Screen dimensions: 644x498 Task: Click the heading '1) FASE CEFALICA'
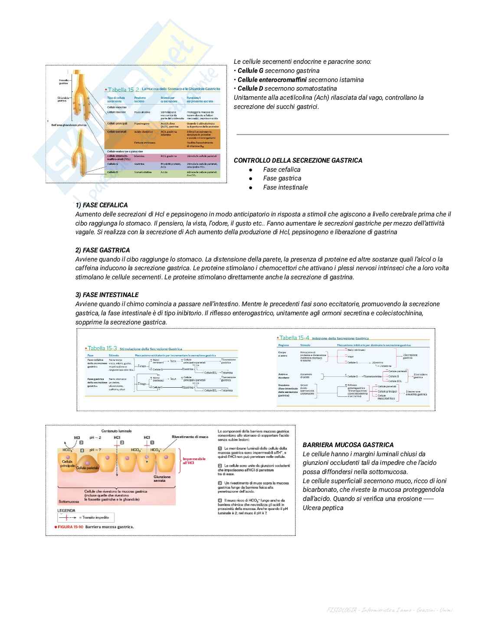click(102, 205)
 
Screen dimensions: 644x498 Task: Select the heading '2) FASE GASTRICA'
click(102, 250)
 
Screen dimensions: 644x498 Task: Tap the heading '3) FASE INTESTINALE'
click(107, 295)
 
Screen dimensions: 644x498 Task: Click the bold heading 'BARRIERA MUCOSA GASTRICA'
click(348, 445)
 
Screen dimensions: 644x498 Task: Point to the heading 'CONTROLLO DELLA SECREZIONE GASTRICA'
click(298, 160)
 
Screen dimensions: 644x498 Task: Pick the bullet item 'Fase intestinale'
click(285, 187)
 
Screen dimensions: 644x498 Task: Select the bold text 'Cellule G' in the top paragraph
click(250, 71)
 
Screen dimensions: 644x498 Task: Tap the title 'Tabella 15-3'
click(102, 348)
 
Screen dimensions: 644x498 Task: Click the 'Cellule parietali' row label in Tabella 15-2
click(117, 131)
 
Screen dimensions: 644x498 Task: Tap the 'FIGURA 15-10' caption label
click(70, 527)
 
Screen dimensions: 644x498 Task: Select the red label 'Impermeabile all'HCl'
click(194, 461)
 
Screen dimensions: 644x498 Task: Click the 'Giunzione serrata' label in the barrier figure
click(162, 478)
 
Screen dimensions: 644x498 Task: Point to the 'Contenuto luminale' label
click(116, 431)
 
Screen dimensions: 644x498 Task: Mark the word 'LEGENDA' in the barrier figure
click(66, 510)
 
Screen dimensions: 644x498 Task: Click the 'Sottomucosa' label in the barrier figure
click(69, 501)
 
